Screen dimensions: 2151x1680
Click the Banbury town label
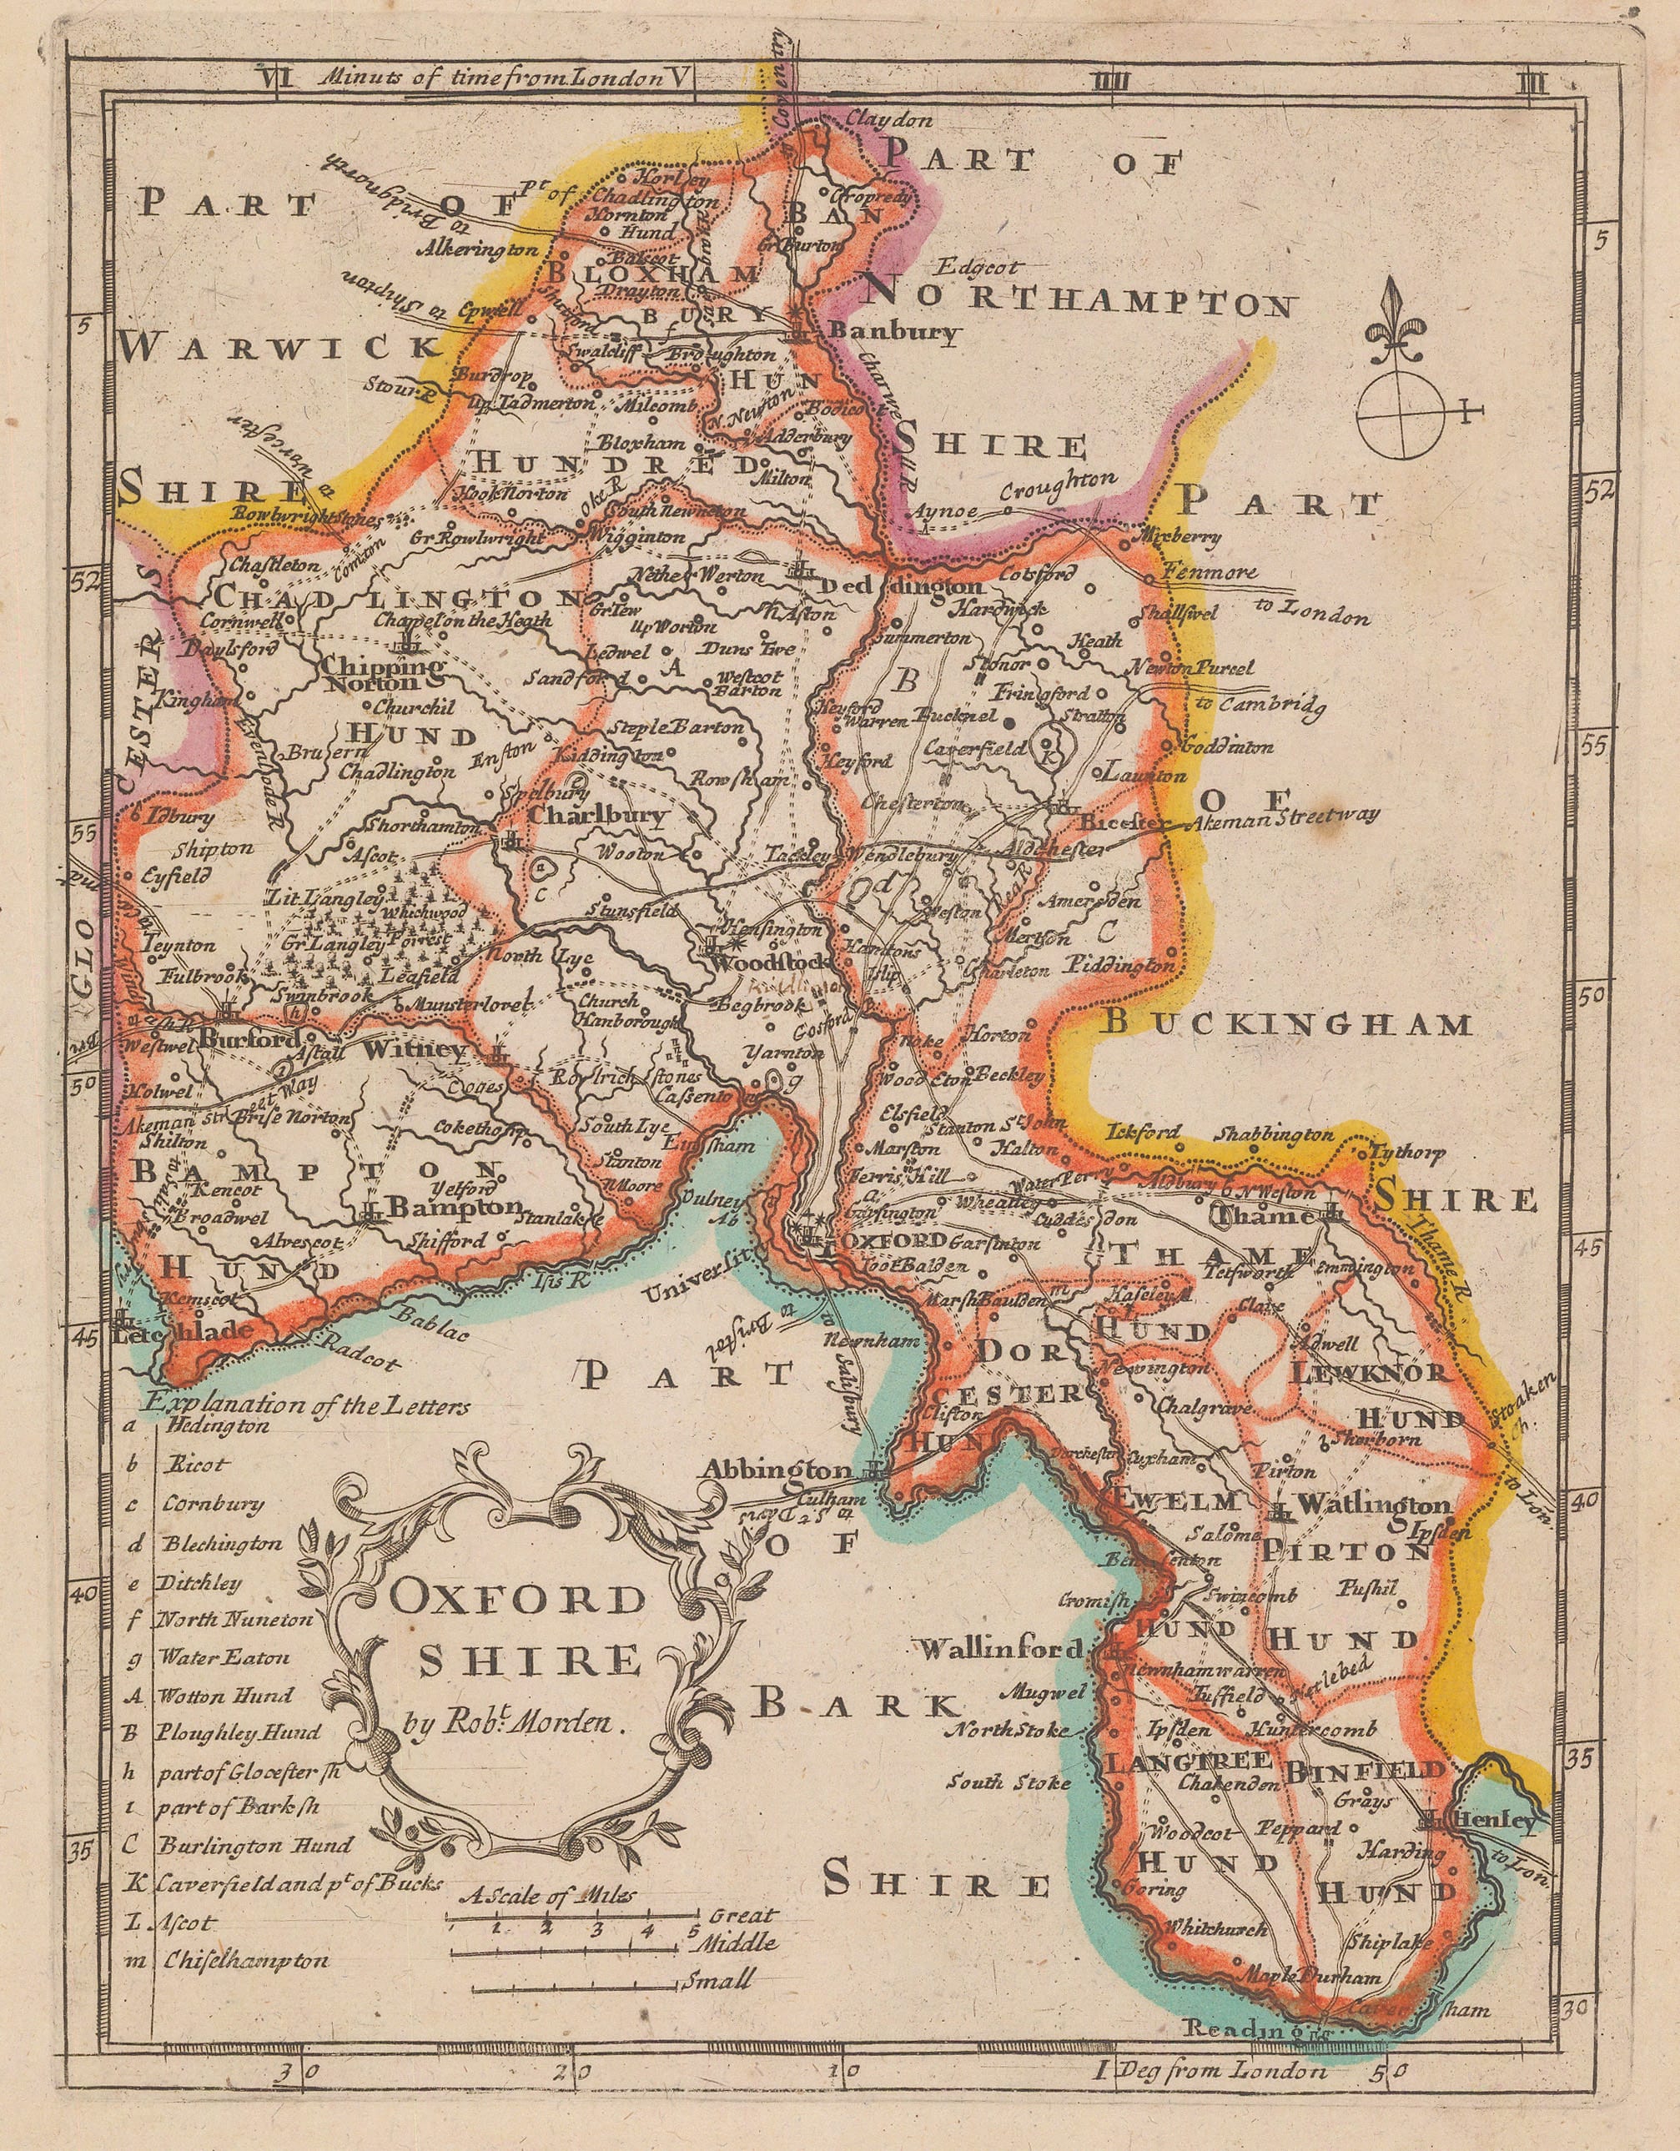pyautogui.click(x=893, y=332)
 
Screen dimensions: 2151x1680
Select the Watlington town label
pyautogui.click(x=1375, y=1505)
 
